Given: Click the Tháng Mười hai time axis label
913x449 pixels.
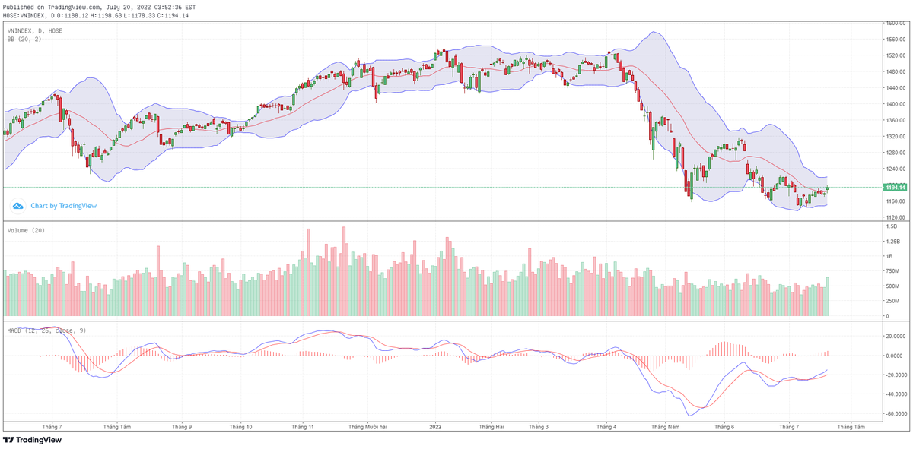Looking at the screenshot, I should [368, 427].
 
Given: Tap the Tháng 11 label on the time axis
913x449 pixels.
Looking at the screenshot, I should [303, 427].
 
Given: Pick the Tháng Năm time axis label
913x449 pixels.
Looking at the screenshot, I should [664, 427].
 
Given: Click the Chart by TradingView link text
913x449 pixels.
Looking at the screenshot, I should [63, 206].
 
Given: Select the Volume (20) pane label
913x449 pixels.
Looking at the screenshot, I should [26, 229].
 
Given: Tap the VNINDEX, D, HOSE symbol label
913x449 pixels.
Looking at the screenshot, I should [35, 30].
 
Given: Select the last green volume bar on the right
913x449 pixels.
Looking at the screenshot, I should [827, 296].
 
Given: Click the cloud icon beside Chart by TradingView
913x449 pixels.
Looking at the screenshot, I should [17, 206].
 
